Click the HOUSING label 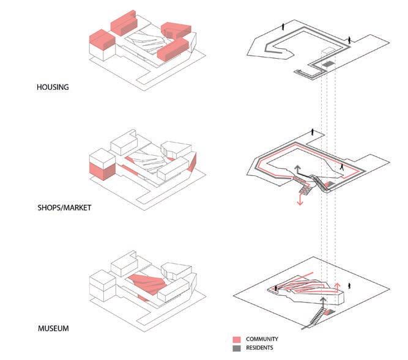[x=53, y=87]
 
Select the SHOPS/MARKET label [x=64, y=208]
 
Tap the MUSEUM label [x=52, y=328]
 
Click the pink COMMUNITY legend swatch [x=236, y=339]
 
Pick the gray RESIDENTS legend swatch [x=236, y=348]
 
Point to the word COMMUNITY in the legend [x=262, y=339]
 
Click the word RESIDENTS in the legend [x=259, y=348]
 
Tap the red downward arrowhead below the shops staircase [x=300, y=202]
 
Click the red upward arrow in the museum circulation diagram [x=337, y=287]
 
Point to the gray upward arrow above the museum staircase [x=322, y=301]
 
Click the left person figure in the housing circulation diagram [x=282, y=28]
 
